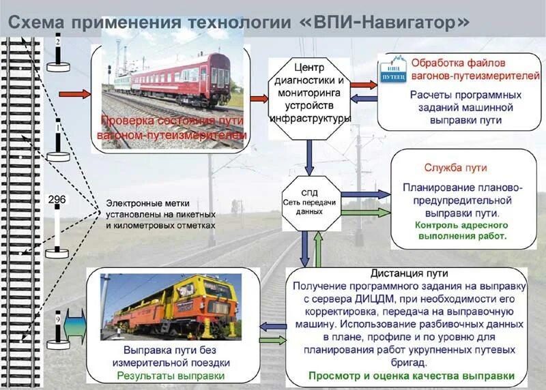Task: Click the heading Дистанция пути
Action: pos(402,273)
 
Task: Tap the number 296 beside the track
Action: pos(57,200)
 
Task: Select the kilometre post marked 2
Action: pos(58,52)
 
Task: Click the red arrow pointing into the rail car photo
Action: pos(74,94)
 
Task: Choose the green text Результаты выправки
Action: pos(170,376)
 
